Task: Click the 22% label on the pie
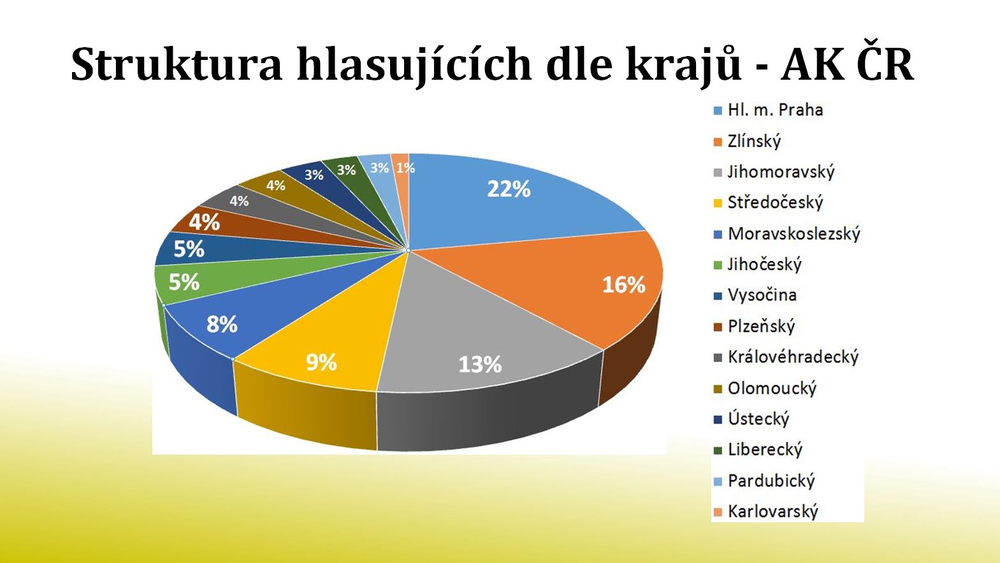(x=509, y=189)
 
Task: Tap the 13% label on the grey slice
(x=480, y=365)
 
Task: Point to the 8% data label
(x=222, y=325)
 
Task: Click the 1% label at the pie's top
(x=405, y=168)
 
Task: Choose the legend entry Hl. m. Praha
(x=769, y=110)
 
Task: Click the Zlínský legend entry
(x=748, y=142)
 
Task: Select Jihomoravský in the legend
(x=774, y=172)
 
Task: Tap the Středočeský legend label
(x=768, y=203)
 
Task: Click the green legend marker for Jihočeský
(x=718, y=265)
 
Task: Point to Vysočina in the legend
(x=755, y=296)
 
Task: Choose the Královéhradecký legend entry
(x=786, y=357)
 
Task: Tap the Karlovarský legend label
(x=766, y=511)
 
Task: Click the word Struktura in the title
(x=177, y=65)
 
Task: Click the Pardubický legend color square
(x=718, y=481)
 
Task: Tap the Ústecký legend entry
(x=752, y=419)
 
